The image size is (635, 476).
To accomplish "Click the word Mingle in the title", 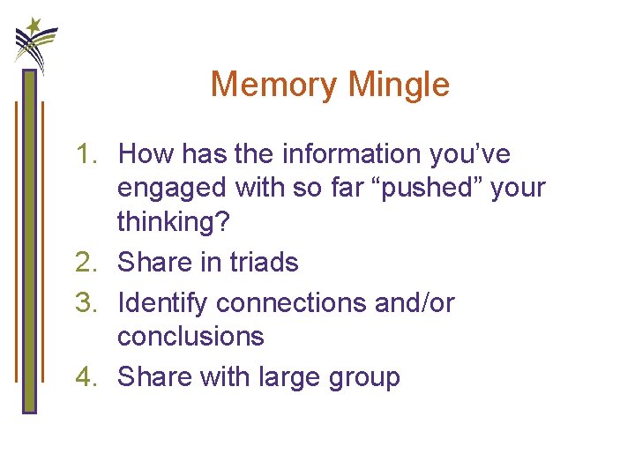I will pyautogui.click(x=400, y=85).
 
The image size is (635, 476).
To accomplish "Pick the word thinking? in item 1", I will pyautogui.click(x=173, y=221).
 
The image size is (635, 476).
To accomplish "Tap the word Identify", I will pyautogui.click(x=163, y=302).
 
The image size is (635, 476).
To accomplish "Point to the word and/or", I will pyautogui.click(x=415, y=302).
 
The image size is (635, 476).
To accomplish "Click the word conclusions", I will pyautogui.click(x=190, y=336).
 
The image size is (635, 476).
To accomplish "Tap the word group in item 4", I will pyautogui.click(x=365, y=377).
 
